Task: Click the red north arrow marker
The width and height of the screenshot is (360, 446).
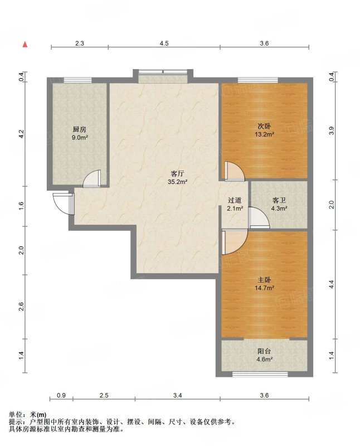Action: [25, 45]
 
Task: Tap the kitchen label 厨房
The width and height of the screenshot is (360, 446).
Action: [79, 130]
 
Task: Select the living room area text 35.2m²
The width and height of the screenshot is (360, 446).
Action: [177, 182]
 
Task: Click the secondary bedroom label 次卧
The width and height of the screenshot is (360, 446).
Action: [264, 126]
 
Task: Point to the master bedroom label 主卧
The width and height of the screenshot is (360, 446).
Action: [264, 280]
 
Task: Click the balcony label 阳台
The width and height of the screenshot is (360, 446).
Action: [264, 351]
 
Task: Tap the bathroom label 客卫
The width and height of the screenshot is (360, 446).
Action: [279, 201]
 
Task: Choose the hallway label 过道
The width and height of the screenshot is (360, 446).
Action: [235, 201]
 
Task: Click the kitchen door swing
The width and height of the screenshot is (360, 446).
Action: [92, 178]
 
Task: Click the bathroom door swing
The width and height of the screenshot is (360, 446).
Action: [259, 217]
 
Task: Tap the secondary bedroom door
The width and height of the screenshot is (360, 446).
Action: [234, 171]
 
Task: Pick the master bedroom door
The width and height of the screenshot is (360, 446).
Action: [235, 242]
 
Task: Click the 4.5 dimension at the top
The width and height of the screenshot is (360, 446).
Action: [164, 43]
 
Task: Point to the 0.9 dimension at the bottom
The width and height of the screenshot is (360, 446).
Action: [61, 395]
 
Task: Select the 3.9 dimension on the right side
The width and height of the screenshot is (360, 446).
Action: [331, 130]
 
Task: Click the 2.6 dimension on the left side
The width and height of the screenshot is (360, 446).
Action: [21, 307]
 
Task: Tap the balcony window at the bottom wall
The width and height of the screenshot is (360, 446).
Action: [260, 374]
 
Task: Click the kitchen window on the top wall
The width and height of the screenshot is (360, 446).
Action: [77, 80]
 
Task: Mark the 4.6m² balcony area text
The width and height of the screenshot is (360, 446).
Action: [265, 359]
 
